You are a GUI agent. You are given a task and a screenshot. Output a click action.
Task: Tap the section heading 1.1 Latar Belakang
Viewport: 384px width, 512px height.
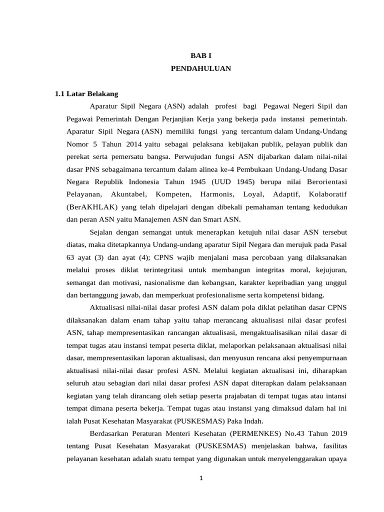[86, 93]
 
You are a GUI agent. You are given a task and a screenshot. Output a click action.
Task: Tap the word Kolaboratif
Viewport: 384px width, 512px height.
[328, 193]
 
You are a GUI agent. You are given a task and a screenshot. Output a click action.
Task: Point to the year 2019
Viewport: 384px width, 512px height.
[338, 433]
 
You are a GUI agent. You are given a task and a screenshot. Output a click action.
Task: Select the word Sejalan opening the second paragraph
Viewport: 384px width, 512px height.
[101, 232]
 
